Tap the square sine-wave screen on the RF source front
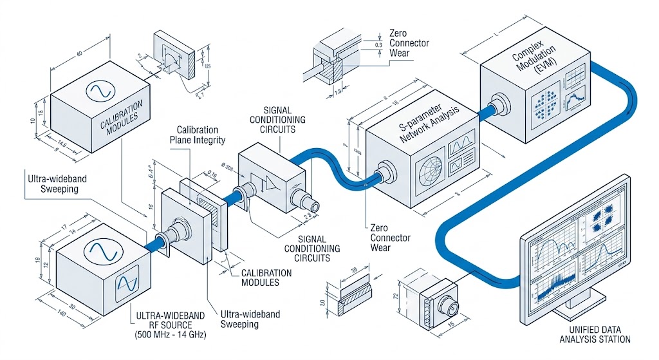click(126, 282)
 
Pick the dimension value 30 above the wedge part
click(355, 270)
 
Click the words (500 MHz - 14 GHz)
click(169, 335)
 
